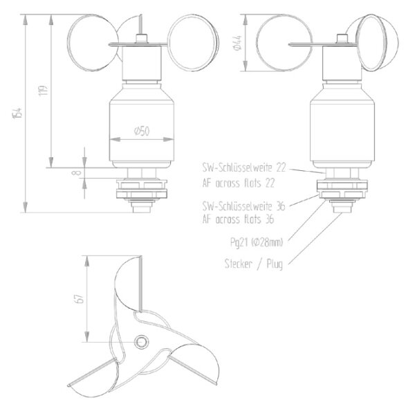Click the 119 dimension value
pos(42,91)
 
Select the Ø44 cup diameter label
pos(237,44)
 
